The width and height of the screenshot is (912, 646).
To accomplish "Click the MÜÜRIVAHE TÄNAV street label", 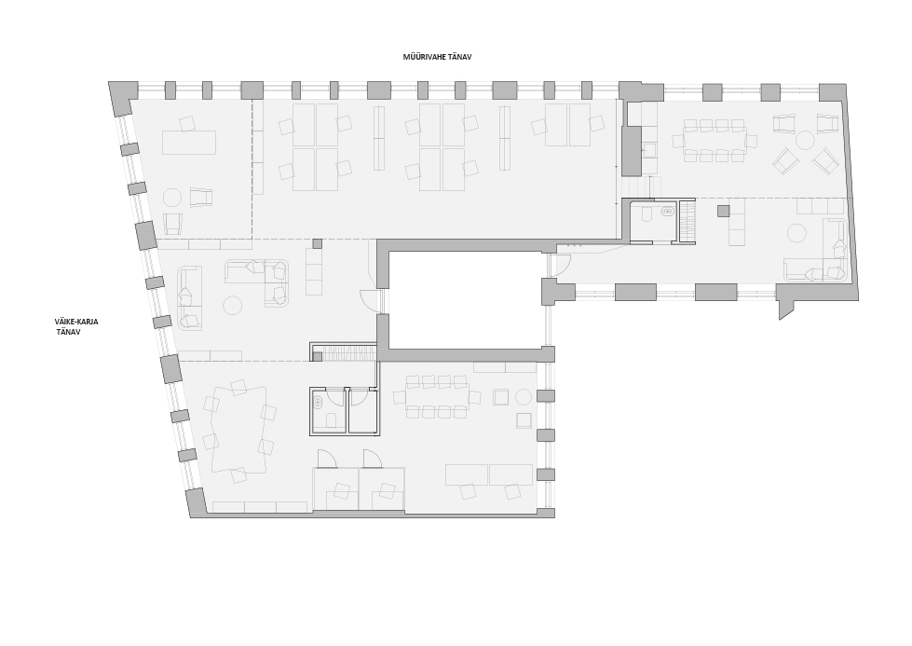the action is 437,57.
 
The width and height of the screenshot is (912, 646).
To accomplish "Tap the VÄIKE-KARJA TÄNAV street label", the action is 76,326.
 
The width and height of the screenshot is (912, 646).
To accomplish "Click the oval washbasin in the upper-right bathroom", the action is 668,212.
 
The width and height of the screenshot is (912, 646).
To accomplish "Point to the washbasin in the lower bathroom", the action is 319,402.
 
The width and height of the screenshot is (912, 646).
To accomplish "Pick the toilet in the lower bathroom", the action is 332,420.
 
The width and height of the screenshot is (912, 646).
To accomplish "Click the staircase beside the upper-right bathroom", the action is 687,220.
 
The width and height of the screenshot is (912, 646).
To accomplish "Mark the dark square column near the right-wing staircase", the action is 723,211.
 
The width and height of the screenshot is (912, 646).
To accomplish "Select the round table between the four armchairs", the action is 805,140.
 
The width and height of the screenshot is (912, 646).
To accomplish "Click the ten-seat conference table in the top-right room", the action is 715,140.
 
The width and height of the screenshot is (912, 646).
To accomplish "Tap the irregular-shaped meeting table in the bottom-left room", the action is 239,430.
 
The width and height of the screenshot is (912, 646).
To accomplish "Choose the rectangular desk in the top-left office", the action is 189,143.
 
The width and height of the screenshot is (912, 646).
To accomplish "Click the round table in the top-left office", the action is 172,198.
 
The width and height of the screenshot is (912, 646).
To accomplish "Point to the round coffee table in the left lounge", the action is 233,306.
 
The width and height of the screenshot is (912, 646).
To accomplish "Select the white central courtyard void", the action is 465,300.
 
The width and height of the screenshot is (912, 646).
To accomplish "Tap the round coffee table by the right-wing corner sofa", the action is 796,233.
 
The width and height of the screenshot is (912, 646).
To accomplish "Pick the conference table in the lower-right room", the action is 438,397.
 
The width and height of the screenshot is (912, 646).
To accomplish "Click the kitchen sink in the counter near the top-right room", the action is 649,151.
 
